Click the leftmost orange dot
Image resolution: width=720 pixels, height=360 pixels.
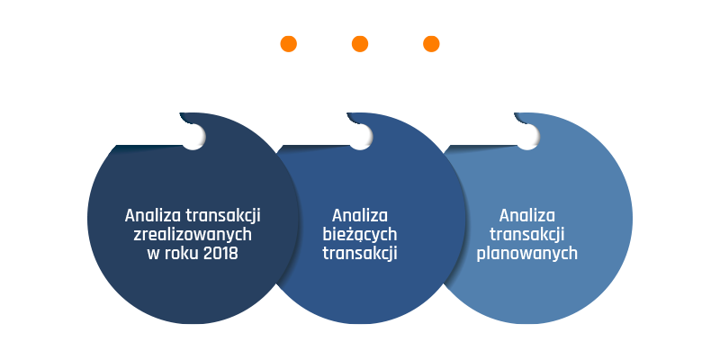pos(288,44)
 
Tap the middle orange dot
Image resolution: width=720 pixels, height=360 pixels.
pos(360,44)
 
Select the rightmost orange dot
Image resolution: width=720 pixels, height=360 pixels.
pos(431,44)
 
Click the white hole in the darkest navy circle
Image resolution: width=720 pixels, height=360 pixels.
pos(193,137)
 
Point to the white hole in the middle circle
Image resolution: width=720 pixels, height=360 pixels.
pos(361,137)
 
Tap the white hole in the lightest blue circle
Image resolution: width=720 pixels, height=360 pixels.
pos(527,137)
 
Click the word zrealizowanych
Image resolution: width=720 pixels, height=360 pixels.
pos(193,235)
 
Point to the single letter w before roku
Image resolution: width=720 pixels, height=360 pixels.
pos(153,255)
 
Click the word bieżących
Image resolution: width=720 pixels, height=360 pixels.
pos(359,235)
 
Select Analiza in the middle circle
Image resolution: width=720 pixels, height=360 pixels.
pos(360,215)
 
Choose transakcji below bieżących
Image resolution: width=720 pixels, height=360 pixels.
pos(359,254)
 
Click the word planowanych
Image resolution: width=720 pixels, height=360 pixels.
pos(526,254)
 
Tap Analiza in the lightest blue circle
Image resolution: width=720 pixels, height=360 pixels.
pos(527,215)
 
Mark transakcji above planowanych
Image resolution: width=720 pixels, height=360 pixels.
pos(526,235)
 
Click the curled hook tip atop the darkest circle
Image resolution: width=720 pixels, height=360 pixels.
pos(181,114)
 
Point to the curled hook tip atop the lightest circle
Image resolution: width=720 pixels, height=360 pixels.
pos(515,114)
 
